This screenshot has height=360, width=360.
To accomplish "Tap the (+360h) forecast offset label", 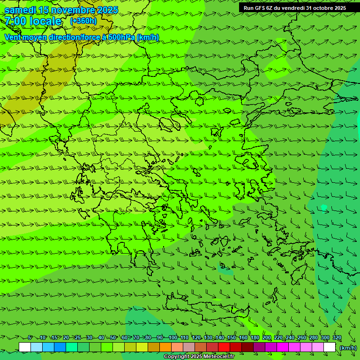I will (x=83, y=21).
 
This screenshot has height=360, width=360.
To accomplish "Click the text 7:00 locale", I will (x=33, y=22).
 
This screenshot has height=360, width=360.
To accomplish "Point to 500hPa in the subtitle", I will (x=121, y=37).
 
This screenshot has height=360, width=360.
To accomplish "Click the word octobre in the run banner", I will (x=319, y=8).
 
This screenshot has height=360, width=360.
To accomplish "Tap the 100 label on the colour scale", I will (x=173, y=338).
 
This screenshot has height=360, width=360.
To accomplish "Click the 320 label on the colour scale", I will (x=337, y=338).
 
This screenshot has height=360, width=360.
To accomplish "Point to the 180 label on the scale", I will (x=255, y=338).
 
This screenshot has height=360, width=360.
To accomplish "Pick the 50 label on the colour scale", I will (x=113, y=338).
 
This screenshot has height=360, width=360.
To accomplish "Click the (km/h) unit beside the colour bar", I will (x=348, y=348).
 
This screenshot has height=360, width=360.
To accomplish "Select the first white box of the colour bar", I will (x=25, y=347).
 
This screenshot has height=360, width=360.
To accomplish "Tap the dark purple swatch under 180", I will (x=259, y=347).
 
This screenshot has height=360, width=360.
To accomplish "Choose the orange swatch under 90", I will (x=165, y=347).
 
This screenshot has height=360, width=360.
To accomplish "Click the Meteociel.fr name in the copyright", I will (x=210, y=357).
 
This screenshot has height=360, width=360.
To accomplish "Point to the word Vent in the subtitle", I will (x=13, y=37).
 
